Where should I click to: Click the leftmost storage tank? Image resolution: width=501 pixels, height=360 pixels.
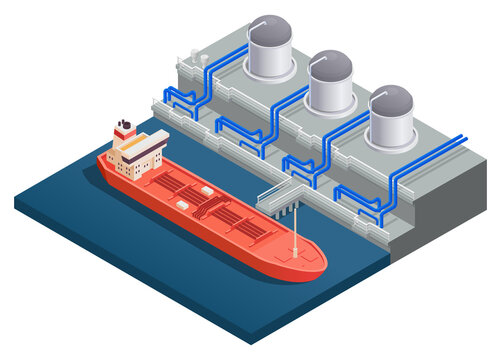270,50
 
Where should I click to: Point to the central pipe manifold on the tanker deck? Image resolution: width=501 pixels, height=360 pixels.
205,205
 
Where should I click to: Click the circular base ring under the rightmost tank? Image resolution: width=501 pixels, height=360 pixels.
392,142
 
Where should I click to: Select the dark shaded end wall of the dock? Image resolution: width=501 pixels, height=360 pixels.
440,215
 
